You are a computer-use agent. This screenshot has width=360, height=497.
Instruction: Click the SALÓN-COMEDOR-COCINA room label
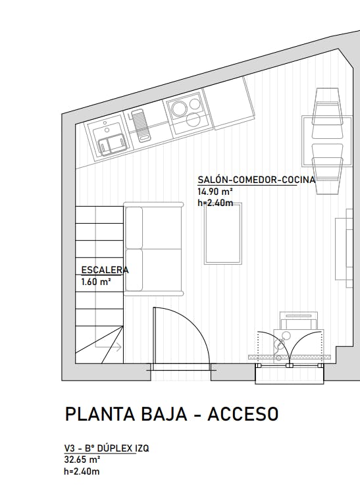click(x=257, y=180)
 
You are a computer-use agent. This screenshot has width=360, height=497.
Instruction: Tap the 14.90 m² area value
click(x=215, y=192)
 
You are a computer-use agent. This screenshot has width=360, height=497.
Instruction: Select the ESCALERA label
click(x=105, y=270)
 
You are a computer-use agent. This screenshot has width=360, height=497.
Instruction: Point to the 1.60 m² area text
click(x=96, y=282)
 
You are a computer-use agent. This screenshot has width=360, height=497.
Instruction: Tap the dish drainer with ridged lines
click(x=141, y=125)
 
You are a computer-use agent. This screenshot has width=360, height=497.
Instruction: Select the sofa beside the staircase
click(x=154, y=249)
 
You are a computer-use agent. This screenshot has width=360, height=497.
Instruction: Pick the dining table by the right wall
click(x=327, y=141)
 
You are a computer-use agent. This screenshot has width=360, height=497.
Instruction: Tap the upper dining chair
click(x=328, y=114)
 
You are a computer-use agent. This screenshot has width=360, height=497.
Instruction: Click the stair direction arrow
click(x=108, y=347)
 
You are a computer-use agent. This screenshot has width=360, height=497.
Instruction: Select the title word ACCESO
click(x=243, y=413)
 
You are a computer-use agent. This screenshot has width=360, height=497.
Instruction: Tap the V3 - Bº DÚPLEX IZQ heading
click(x=107, y=448)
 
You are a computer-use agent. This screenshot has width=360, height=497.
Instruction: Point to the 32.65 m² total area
click(x=82, y=459)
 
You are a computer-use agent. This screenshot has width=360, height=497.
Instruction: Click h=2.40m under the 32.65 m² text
click(x=82, y=471)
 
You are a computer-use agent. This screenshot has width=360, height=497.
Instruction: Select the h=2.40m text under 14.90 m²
click(x=215, y=203)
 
